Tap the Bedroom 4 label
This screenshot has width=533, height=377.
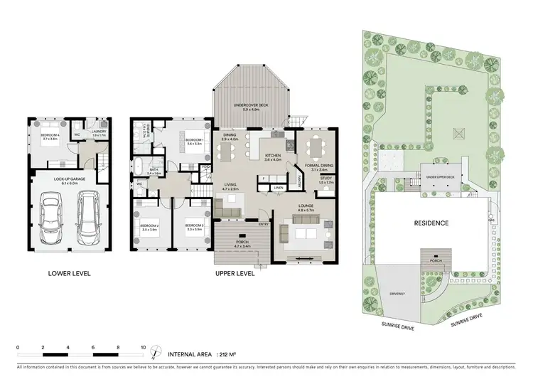[50, 137]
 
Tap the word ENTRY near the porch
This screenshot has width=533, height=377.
[264, 225]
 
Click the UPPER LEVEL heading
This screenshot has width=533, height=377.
[235, 272]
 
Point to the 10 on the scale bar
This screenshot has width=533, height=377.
[144, 348]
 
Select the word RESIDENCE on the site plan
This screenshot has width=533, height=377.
[431, 223]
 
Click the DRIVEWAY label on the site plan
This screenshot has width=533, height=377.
[397, 292]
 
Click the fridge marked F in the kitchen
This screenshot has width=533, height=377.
[264, 178]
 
